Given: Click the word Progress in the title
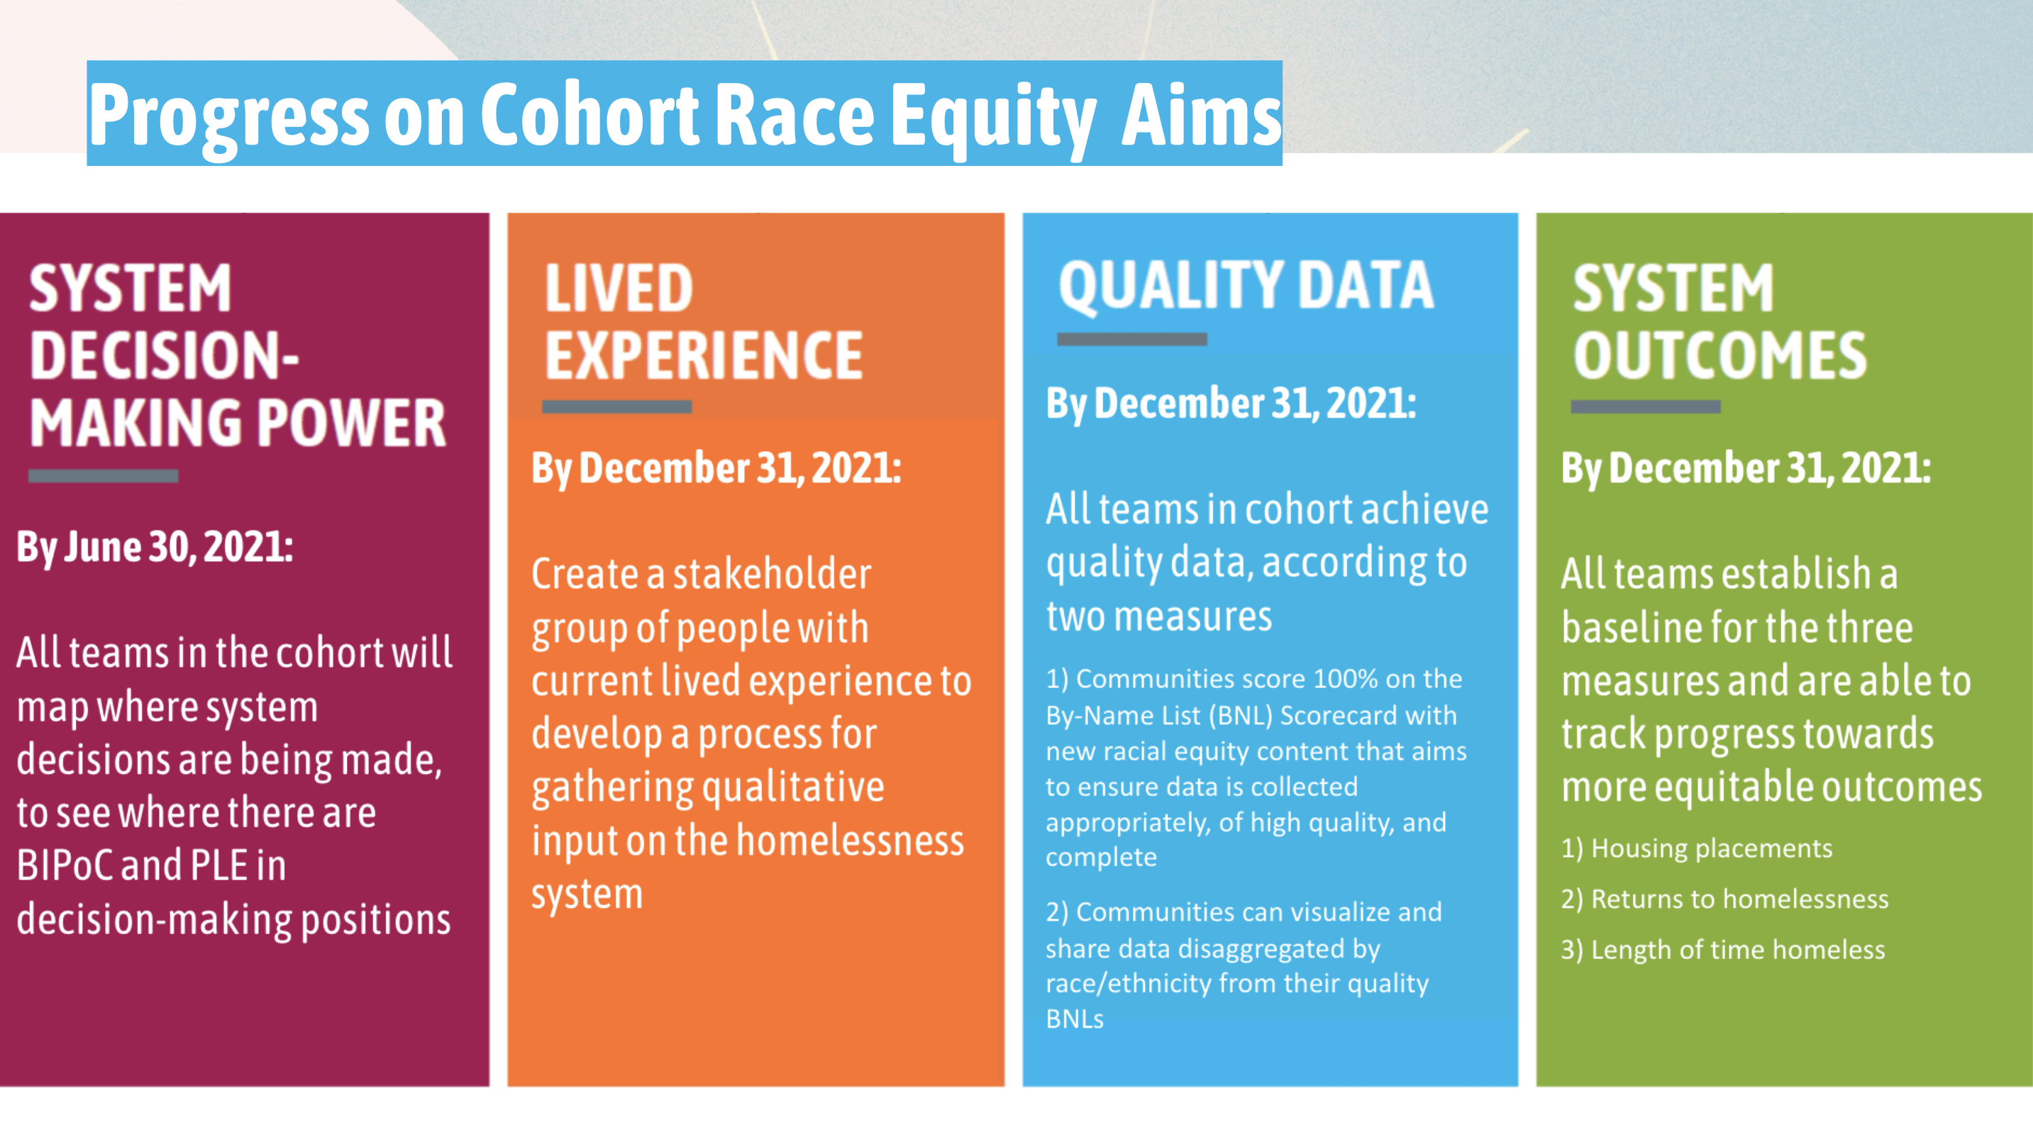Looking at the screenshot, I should pos(229,115).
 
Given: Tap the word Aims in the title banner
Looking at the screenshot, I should pos(1200,115).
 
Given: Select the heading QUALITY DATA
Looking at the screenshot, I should pos(1246,286).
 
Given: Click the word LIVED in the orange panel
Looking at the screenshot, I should pos(619,289).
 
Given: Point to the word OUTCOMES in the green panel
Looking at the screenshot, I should pos(1719,356).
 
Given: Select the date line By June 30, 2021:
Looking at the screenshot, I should pos(155,547).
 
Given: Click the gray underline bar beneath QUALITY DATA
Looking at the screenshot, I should pos(1131,339).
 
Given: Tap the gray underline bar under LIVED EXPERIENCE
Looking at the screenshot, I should pos(616,407).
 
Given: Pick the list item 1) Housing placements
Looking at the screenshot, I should pos(1696,848).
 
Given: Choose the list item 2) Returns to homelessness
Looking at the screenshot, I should pos(1724,899).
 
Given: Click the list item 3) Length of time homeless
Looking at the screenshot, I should pos(1723,950).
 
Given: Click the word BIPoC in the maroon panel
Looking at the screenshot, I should pos(65,866).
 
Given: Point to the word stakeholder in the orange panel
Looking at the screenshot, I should pos(772,574).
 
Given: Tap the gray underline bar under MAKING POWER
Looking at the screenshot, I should pos(104,476).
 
